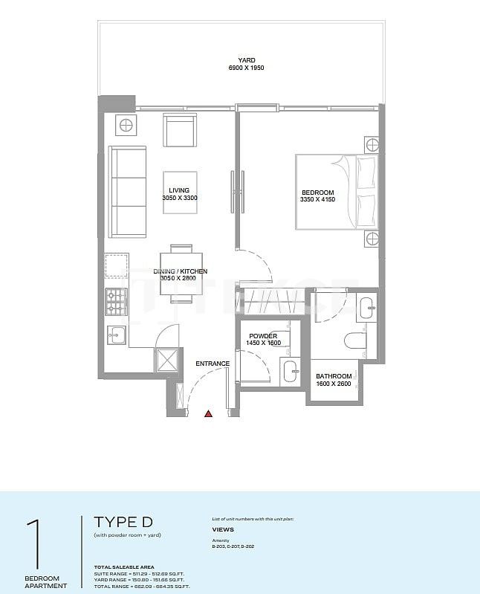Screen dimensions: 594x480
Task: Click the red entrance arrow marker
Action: pyautogui.click(x=209, y=413)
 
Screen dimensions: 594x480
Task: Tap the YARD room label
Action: pyautogui.click(x=246, y=59)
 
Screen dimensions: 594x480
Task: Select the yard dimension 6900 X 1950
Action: pyautogui.click(x=246, y=68)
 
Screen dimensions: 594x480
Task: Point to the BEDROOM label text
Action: pyautogui.click(x=317, y=192)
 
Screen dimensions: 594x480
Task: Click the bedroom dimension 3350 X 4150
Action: pyautogui.click(x=317, y=199)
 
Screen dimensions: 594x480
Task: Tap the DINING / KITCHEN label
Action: pyautogui.click(x=180, y=271)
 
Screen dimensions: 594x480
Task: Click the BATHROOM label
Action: pyautogui.click(x=332, y=375)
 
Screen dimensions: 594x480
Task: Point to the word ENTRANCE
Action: pyautogui.click(x=213, y=364)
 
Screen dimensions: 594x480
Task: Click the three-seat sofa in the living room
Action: pyautogui.click(x=128, y=189)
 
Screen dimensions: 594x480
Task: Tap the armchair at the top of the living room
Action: pyautogui.click(x=180, y=130)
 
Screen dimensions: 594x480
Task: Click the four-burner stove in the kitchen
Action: pyautogui.click(x=116, y=301)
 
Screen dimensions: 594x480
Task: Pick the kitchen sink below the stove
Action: pyautogui.click(x=116, y=335)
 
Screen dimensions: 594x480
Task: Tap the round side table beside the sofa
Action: pyautogui.click(x=126, y=125)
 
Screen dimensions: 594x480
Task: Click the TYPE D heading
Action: pyautogui.click(x=123, y=521)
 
